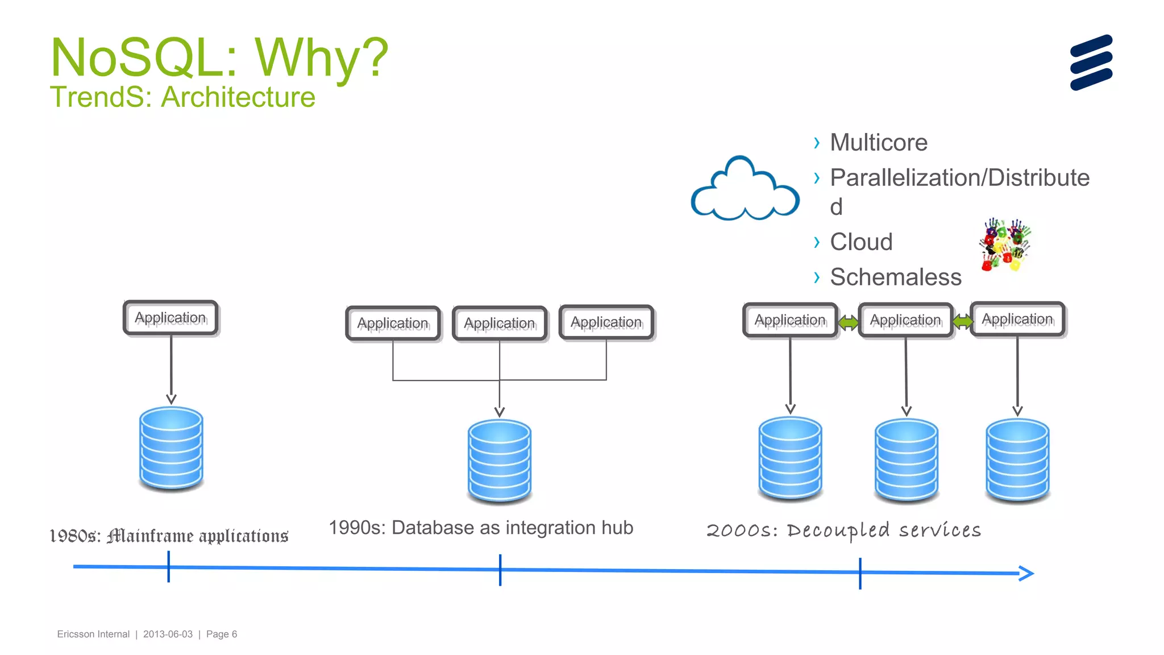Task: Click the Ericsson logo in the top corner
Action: [1091, 63]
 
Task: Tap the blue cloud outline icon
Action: [745, 191]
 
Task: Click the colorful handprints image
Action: [1005, 244]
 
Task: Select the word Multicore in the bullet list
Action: [878, 142]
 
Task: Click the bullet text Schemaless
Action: [895, 277]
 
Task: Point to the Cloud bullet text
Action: [860, 242]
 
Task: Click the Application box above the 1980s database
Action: [171, 318]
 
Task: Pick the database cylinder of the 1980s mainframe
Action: [171, 448]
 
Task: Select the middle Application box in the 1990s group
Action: [500, 324]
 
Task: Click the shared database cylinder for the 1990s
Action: [500, 461]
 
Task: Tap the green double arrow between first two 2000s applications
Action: [848, 323]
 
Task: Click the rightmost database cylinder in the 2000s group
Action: [1017, 460]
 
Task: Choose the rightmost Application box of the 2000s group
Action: [1017, 320]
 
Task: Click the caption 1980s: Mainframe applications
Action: [169, 536]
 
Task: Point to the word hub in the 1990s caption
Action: [617, 528]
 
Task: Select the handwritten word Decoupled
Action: [838, 530]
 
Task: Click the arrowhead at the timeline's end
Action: [1026, 573]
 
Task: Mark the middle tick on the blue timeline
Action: [500, 570]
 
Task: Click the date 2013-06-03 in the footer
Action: [168, 634]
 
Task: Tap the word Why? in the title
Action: [321, 58]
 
